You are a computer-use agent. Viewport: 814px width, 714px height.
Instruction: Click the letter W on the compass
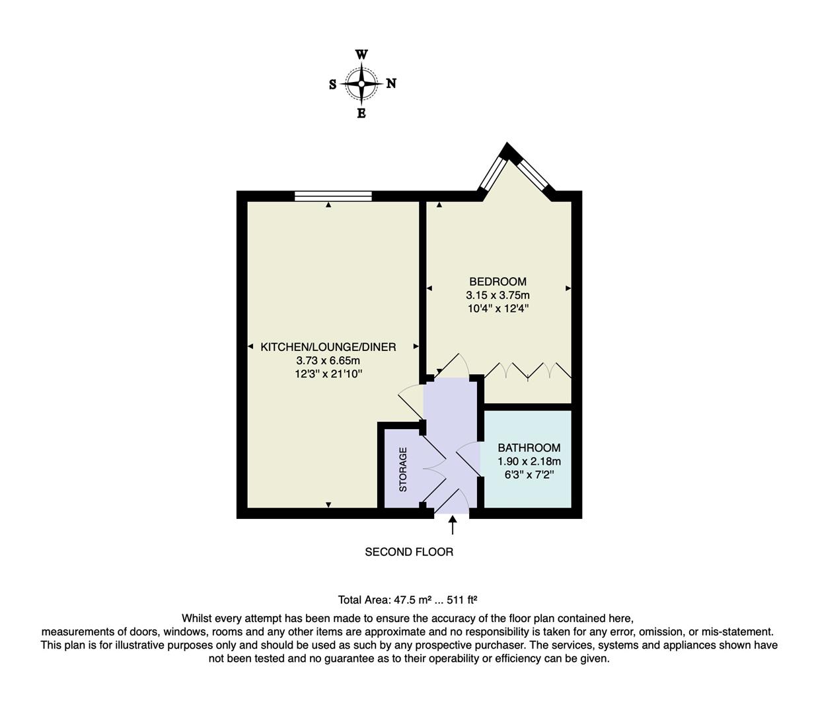point(361,55)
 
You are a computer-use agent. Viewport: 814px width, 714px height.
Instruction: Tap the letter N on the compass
point(391,84)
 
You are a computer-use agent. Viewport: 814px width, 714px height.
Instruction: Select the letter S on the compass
point(332,85)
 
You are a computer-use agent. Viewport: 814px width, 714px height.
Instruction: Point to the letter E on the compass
point(361,114)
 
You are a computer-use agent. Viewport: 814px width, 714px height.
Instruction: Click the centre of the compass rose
point(362,84)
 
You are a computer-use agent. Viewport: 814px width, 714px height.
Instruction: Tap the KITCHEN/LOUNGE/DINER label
point(328,347)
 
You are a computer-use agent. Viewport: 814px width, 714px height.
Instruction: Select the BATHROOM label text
point(529,448)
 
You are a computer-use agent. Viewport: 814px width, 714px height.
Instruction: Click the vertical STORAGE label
point(403,469)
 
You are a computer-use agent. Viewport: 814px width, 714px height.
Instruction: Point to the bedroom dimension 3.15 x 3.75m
point(498,295)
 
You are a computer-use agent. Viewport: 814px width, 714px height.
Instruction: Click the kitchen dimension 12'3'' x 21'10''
point(328,374)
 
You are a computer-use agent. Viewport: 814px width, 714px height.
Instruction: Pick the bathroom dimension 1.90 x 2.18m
point(529,461)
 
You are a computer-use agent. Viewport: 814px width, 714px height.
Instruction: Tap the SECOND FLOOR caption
point(409,551)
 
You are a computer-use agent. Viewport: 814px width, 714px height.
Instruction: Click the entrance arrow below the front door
point(453,525)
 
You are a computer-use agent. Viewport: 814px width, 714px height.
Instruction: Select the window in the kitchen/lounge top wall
point(333,196)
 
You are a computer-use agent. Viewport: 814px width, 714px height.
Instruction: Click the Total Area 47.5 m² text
point(408,600)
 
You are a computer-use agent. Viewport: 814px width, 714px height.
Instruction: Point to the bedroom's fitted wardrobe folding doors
point(527,372)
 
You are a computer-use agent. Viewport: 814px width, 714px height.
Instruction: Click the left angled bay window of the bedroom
point(491,174)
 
